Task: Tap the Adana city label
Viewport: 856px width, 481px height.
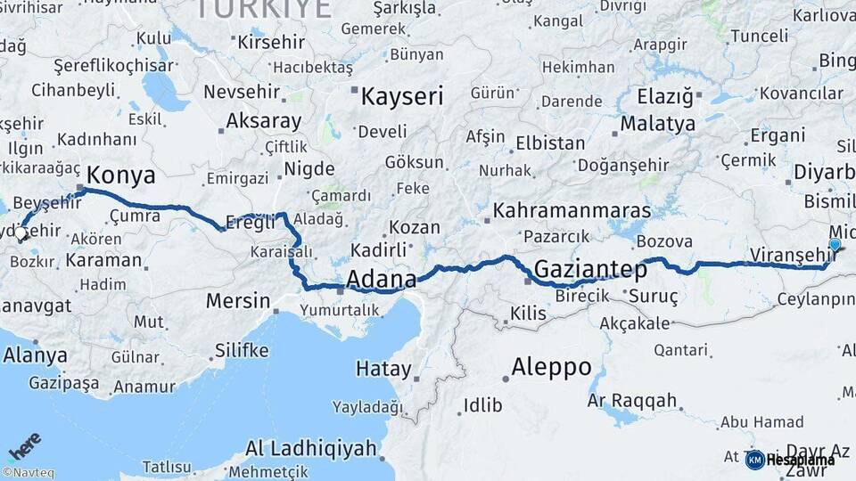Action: (x=381, y=280)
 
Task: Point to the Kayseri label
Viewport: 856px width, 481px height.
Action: (x=401, y=96)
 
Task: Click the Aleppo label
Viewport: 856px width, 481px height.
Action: (x=552, y=366)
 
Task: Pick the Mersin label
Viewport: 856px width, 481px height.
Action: (x=237, y=300)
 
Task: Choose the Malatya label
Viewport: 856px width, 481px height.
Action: (x=658, y=123)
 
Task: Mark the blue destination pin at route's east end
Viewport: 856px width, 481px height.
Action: (x=835, y=245)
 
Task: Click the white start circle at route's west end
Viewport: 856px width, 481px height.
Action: (x=21, y=233)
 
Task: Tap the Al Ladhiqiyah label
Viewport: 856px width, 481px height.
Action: (x=311, y=448)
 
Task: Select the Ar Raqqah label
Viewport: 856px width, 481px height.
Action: (x=632, y=401)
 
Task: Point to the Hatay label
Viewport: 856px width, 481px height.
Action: (x=383, y=368)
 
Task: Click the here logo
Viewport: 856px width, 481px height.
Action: (x=25, y=446)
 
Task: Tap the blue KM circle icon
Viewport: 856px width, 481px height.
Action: (x=754, y=460)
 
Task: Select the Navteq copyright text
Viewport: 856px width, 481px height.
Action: (x=28, y=473)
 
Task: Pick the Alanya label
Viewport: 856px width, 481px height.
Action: (x=35, y=355)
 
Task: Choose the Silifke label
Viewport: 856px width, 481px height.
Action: (x=241, y=350)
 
